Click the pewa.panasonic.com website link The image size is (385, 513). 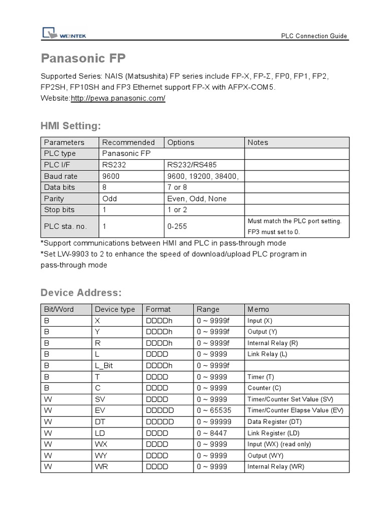pos(118,98)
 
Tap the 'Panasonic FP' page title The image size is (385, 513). pos(83,58)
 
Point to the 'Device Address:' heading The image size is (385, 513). pos(81,293)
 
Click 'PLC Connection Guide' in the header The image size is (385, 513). pos(314,36)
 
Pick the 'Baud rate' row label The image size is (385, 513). pos(61,176)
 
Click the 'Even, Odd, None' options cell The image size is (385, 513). pos(197,198)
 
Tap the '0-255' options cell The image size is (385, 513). pos(177,226)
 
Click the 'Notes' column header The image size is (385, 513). pos(258,142)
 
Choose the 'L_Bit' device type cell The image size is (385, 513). pos(104,366)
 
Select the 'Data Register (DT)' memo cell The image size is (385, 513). pos(274,422)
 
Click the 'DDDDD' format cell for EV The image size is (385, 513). pos(159,410)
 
